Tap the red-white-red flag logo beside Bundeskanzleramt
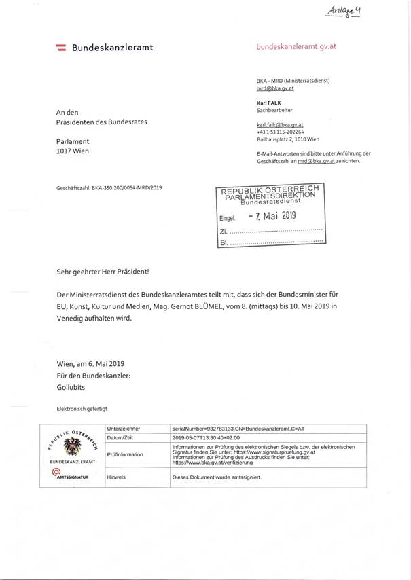pos(60,48)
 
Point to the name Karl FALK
pos(268,102)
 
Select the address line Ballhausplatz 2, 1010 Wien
pos(287,139)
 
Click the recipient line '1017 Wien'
pos(73,151)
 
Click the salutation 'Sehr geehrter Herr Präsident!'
pos(103,271)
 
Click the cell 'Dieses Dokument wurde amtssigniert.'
pos(217,477)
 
